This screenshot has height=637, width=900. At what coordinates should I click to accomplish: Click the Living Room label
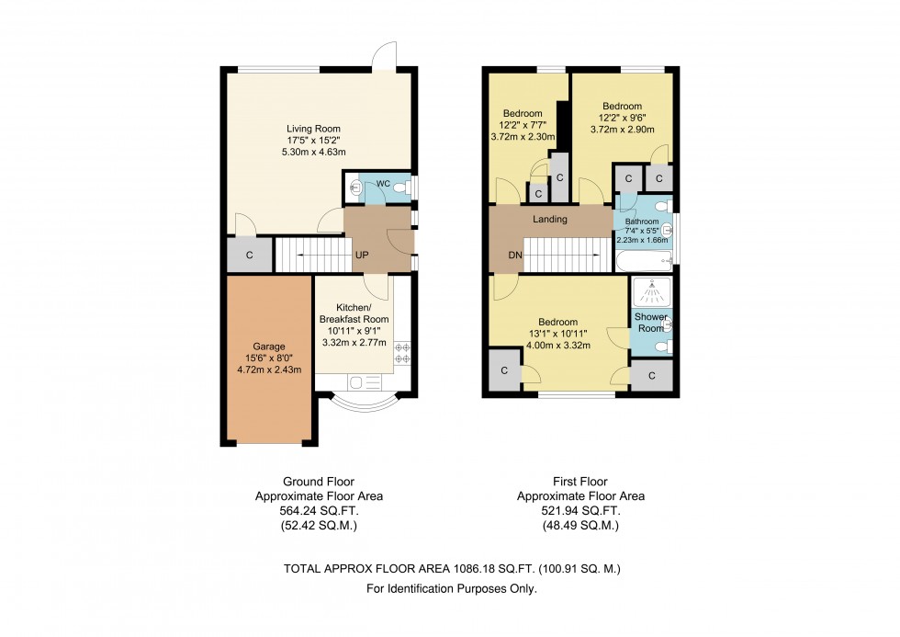tap(314, 129)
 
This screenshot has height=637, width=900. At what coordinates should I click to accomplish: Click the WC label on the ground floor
tap(383, 184)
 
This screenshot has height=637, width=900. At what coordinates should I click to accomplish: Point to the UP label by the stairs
tap(364, 255)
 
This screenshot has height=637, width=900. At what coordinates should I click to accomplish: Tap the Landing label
tap(550, 220)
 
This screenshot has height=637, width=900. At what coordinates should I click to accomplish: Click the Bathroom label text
tap(642, 222)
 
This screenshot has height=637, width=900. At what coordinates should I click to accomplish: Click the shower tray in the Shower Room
tap(652, 292)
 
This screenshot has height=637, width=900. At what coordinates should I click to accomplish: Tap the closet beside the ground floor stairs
tap(250, 255)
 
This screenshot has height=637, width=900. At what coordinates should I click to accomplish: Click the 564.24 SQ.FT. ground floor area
tap(318, 510)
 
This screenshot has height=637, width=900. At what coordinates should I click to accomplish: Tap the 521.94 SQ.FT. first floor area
tap(580, 510)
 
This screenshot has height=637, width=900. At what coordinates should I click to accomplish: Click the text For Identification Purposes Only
tap(451, 588)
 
